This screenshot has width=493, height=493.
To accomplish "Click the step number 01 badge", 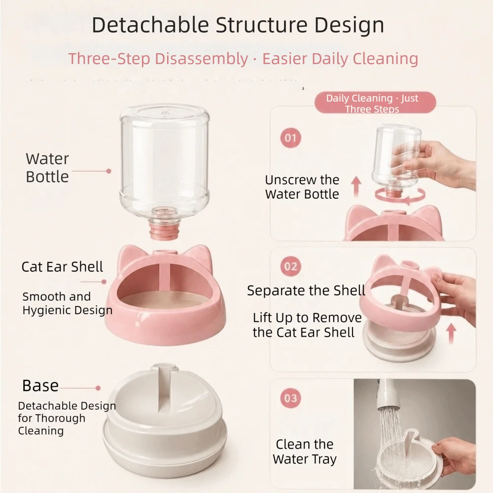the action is (290, 138).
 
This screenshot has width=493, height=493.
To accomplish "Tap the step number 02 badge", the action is (290, 267).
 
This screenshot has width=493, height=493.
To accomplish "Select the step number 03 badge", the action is (290, 398).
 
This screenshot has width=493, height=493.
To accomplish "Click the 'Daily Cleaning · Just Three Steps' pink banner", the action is (375, 103).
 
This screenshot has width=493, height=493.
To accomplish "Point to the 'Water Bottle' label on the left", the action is (47, 168).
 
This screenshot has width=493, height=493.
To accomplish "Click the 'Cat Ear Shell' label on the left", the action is (62, 267).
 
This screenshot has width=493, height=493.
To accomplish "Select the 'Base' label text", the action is (40, 385).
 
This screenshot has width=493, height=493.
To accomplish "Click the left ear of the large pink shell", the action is (128, 256).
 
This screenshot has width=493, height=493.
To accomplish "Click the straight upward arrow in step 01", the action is (356, 187).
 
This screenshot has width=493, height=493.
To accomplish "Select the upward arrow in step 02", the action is (451, 333).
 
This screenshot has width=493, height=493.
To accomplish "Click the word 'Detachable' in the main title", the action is (150, 25).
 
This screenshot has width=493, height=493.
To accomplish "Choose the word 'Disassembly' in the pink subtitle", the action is (202, 59).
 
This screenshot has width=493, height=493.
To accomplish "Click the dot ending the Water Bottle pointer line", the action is (109, 171).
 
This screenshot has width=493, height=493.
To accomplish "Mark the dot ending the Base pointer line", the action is (98, 388).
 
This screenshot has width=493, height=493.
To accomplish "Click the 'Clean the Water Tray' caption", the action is (304, 452).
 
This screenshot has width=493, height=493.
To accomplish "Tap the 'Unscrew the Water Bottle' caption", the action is (302, 187).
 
